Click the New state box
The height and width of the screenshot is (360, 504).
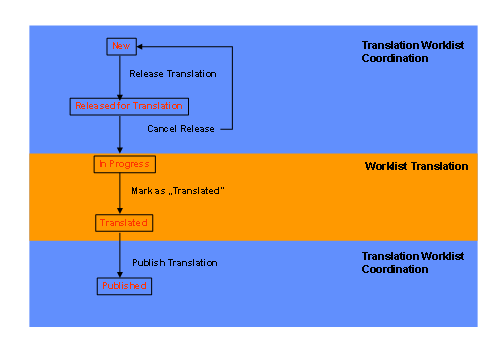(121, 46)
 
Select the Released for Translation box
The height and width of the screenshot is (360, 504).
(129, 105)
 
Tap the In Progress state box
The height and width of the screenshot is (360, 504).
(125, 163)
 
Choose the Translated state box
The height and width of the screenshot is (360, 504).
(123, 222)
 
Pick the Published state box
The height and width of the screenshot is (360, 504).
(124, 286)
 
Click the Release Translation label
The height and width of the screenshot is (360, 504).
(173, 74)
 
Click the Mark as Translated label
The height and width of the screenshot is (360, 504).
(175, 190)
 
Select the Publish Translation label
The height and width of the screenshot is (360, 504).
(175, 262)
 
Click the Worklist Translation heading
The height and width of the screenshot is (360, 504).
(416, 165)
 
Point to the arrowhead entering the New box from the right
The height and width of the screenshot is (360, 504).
(141, 46)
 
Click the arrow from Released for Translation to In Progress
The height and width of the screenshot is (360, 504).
(120, 134)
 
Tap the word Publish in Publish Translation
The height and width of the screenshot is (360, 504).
(147, 262)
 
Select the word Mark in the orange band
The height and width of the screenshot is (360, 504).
(141, 190)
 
